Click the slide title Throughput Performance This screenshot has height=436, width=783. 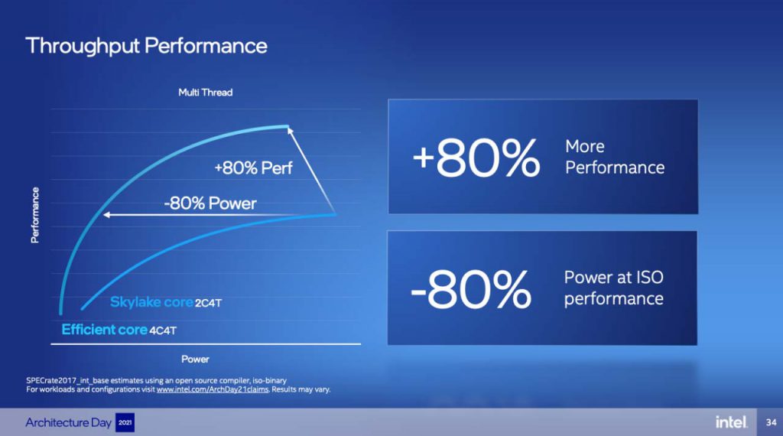(x=146, y=46)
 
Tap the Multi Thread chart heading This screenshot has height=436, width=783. (x=205, y=93)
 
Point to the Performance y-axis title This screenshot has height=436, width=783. (x=35, y=215)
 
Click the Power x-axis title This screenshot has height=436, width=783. (x=195, y=359)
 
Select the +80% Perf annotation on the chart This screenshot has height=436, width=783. (x=253, y=168)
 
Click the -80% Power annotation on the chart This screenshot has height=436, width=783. (x=210, y=203)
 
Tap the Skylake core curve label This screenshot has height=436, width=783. (x=151, y=302)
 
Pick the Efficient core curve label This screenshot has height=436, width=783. (x=104, y=330)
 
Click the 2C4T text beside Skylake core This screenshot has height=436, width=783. (x=208, y=303)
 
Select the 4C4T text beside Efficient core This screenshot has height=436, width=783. (x=163, y=330)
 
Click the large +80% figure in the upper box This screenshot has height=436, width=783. (x=476, y=158)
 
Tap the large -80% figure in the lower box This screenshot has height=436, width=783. (x=471, y=288)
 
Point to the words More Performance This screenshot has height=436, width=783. (x=615, y=157)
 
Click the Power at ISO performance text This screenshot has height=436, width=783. (x=614, y=288)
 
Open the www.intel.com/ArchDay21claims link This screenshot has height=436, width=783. (x=213, y=389)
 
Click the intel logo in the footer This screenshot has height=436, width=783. (x=731, y=422)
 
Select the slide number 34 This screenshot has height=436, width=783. (x=771, y=422)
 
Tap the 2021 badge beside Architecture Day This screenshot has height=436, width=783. (x=125, y=422)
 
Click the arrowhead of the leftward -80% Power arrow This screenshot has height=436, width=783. (x=106, y=215)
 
